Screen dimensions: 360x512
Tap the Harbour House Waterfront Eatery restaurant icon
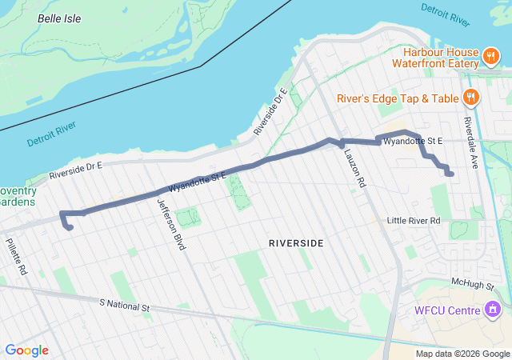click(490, 57)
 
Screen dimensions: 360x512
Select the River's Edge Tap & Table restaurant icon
click(471, 98)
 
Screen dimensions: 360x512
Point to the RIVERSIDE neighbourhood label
click(296, 242)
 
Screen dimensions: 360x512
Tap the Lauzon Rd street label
click(356, 170)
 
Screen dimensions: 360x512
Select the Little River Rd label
click(414, 220)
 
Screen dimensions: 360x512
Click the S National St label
click(124, 306)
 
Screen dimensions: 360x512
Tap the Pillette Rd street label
click(15, 256)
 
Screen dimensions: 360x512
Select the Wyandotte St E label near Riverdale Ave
click(412, 142)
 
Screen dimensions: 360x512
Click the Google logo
click(26, 350)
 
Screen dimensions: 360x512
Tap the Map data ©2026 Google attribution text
click(462, 354)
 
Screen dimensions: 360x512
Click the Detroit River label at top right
click(446, 12)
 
